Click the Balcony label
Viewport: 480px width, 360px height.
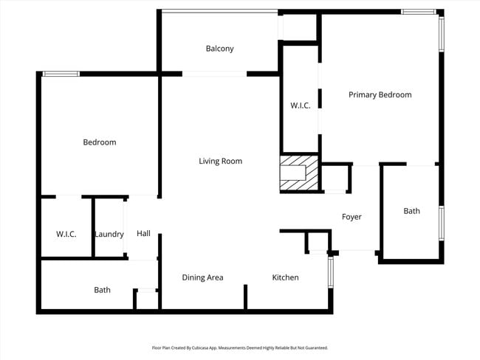click(219, 49)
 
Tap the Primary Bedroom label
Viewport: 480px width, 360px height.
click(380, 94)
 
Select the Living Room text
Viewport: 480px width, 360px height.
click(220, 161)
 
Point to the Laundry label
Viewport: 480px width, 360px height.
click(109, 234)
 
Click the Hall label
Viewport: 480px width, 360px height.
click(143, 233)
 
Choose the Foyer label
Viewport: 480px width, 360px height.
click(351, 217)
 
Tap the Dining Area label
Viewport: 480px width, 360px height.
click(202, 277)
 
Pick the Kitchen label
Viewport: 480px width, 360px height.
click(285, 277)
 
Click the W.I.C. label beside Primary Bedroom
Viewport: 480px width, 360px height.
click(300, 105)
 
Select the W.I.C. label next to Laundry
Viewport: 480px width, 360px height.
click(66, 234)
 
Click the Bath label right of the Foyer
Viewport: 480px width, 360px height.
click(411, 211)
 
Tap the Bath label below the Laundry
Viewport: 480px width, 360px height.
click(102, 290)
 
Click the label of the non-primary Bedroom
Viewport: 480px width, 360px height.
click(99, 142)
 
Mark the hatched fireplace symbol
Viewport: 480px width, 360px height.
click(300, 173)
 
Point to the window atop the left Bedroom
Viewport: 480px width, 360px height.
click(61, 74)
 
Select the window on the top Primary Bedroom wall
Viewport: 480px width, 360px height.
click(418, 12)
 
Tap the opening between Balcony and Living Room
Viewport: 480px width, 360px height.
click(214, 74)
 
